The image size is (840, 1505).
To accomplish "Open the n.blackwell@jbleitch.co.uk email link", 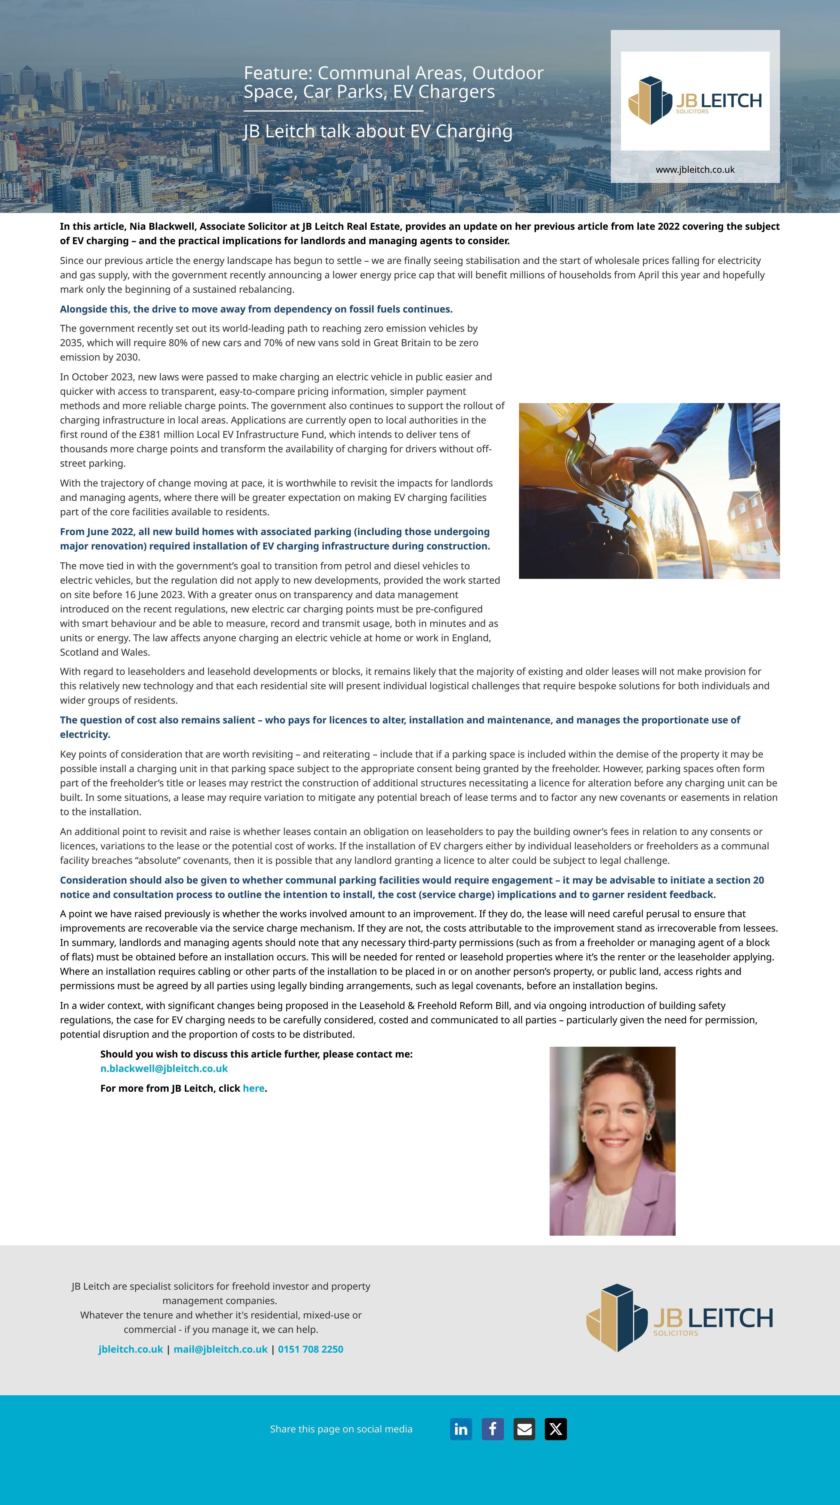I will (x=164, y=1068).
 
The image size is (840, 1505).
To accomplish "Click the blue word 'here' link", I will (x=253, y=1088).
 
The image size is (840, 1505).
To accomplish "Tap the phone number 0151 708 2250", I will (x=310, y=1349).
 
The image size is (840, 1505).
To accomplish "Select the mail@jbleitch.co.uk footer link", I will (x=220, y=1349).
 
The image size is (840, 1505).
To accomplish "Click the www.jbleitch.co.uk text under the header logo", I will (x=695, y=169).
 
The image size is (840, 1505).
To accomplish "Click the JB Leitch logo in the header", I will (x=695, y=100).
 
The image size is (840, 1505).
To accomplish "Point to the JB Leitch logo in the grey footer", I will (x=679, y=1318).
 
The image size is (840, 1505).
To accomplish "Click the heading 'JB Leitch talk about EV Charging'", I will (x=378, y=131).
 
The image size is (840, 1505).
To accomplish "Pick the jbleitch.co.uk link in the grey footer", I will (x=131, y=1349).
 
